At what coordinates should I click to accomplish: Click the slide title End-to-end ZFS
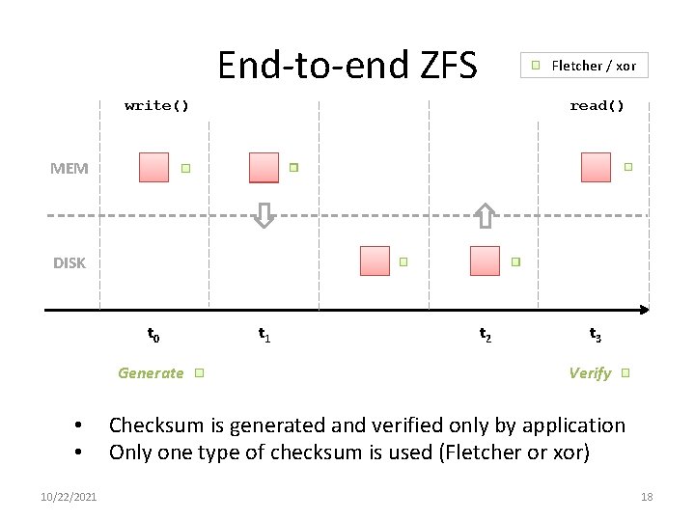coord(347,66)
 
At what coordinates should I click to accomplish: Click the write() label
coord(156,105)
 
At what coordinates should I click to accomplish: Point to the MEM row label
coord(69,168)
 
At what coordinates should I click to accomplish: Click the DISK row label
coord(69,262)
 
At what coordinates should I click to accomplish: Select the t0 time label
coord(153,335)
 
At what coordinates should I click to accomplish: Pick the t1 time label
coord(264,335)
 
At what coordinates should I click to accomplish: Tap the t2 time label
coord(486,335)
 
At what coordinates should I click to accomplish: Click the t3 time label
coord(596,335)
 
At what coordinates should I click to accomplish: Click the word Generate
coord(151,372)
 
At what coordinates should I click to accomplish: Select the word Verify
coord(590,372)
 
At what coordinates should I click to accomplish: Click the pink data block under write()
coord(153,167)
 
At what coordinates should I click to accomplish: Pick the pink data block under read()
coord(596,167)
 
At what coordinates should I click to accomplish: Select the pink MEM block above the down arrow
coord(264,167)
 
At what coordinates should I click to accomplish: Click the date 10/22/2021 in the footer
coord(69,497)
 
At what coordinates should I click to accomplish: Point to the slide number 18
coord(647,497)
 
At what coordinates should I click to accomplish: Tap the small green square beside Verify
coord(625,372)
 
